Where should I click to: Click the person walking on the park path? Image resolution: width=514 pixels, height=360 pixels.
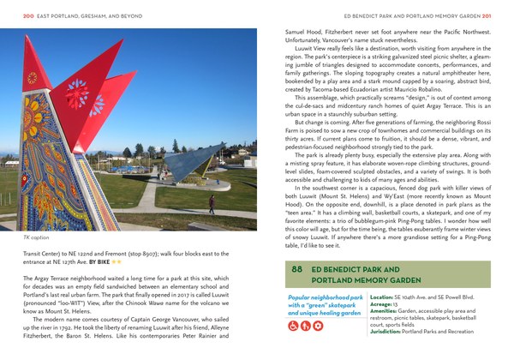pyautogui.click(x=212, y=204)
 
